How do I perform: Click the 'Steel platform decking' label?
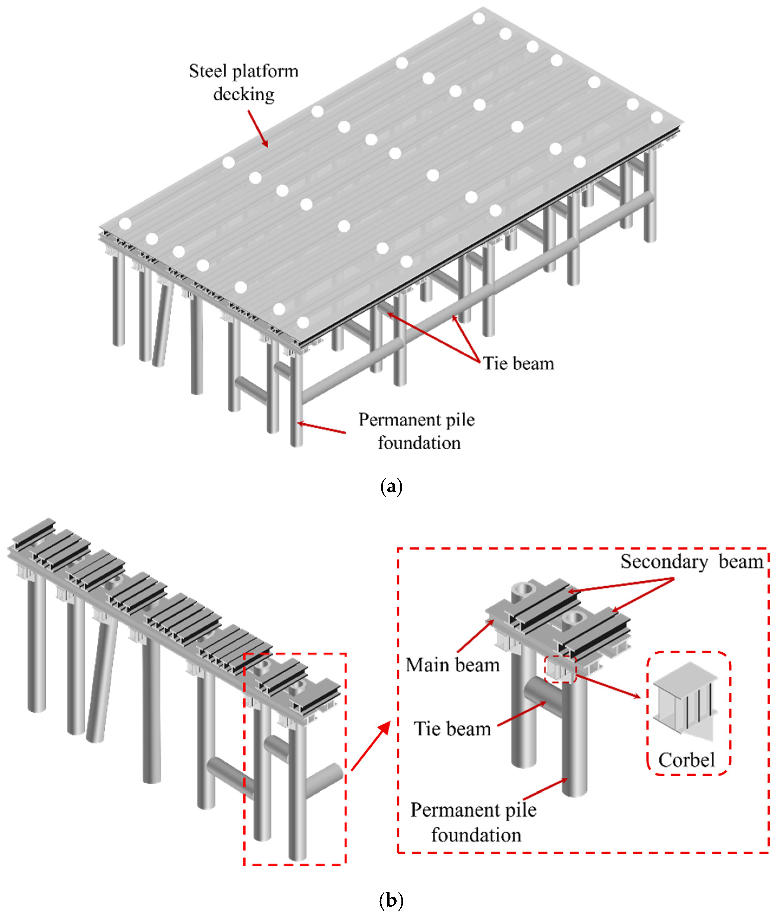coord(244,83)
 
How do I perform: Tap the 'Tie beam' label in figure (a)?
coord(518,364)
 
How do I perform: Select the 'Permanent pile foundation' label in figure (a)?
coord(417,431)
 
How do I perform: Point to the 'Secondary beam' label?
coord(692,562)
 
